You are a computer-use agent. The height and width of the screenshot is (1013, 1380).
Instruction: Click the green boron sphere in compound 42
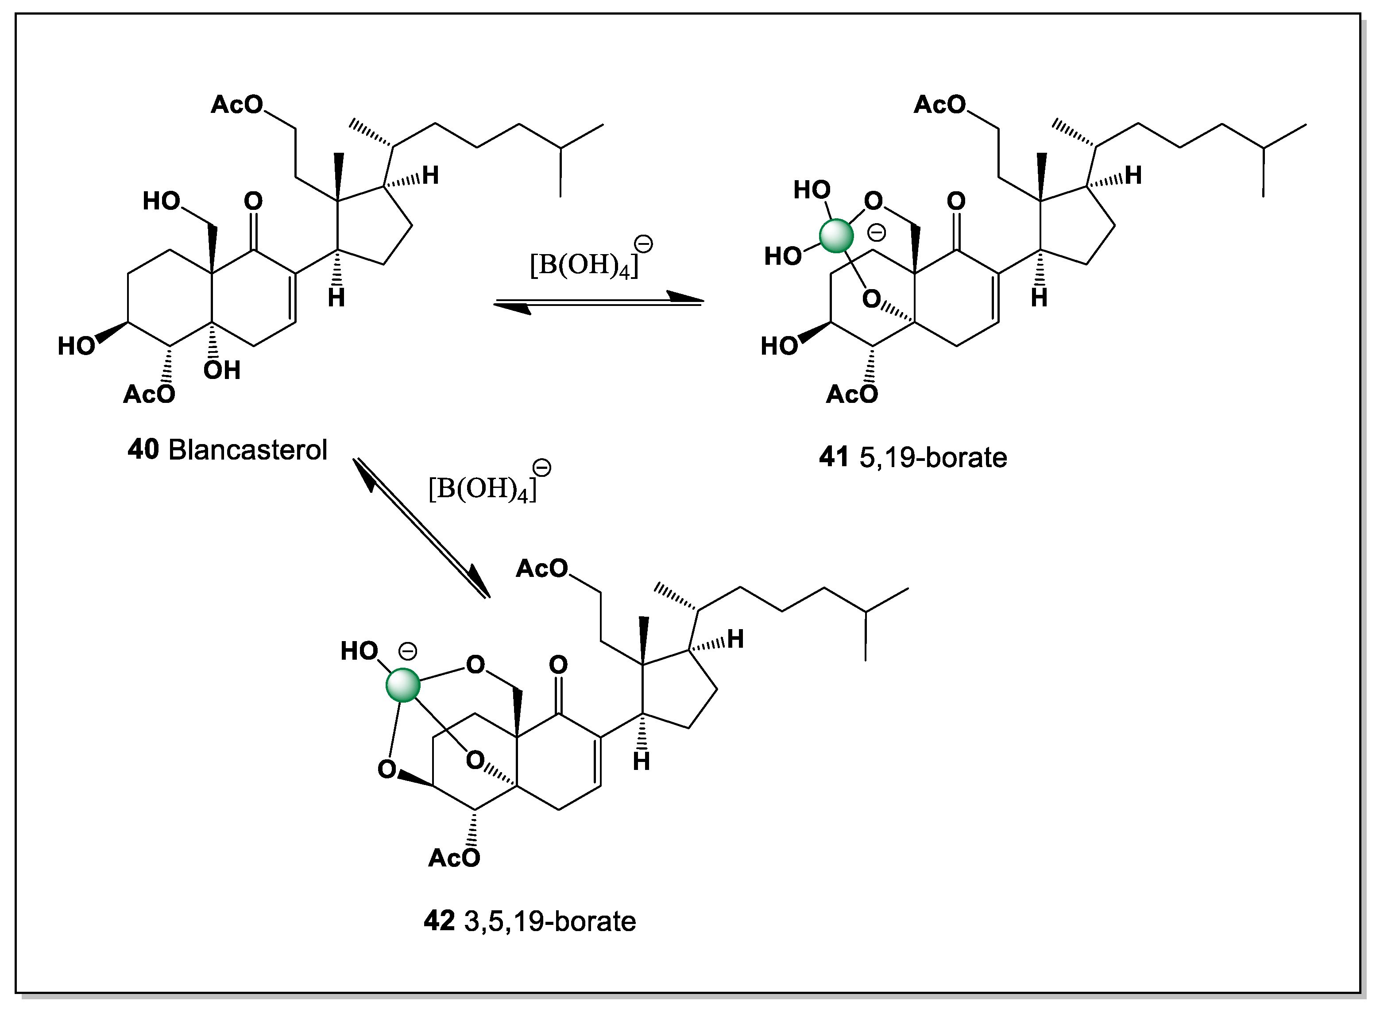[403, 685]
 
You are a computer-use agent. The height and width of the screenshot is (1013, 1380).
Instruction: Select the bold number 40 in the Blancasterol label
[143, 449]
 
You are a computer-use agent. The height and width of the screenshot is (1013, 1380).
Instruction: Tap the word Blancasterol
[247, 449]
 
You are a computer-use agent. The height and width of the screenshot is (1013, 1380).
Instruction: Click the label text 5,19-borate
[933, 457]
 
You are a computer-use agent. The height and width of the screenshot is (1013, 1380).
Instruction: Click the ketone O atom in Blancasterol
[253, 201]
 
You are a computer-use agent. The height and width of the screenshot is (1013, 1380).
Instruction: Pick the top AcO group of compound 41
[939, 105]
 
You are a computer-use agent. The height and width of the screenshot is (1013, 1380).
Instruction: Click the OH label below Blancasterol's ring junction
[222, 371]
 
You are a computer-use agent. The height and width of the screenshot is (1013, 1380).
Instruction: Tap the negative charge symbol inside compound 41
[877, 232]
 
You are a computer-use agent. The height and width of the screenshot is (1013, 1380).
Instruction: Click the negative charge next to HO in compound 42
[408, 650]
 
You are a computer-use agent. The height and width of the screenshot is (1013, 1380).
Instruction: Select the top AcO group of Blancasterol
[237, 105]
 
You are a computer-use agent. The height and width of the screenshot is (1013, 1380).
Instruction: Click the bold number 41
[834, 457]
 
